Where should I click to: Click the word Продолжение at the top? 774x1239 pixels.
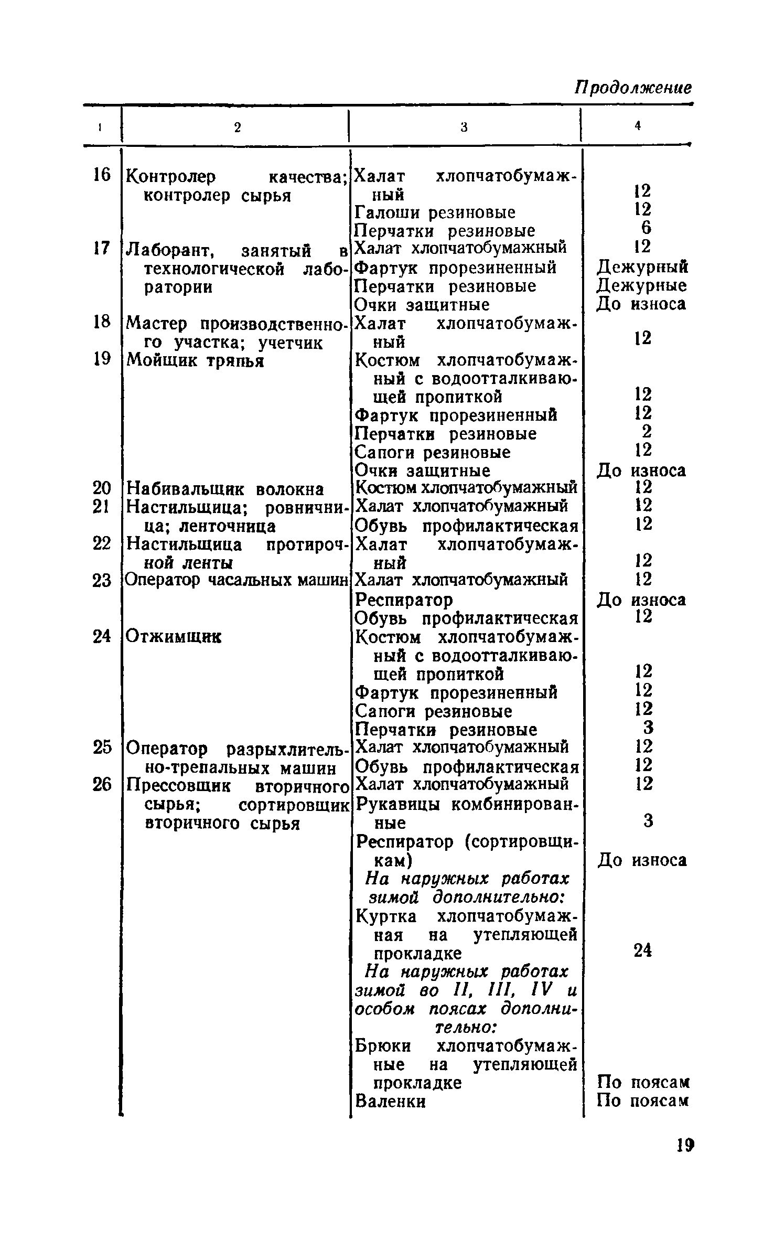(x=633, y=88)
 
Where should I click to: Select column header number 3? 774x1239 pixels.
(x=464, y=127)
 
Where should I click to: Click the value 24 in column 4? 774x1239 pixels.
(x=642, y=950)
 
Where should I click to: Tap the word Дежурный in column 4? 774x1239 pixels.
(x=642, y=268)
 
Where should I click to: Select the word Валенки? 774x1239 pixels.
(x=390, y=1101)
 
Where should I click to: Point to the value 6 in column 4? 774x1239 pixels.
(x=646, y=228)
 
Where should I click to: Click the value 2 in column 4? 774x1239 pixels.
(x=647, y=432)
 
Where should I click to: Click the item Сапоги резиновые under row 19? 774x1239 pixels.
(x=433, y=452)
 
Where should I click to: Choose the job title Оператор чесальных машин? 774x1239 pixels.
(x=237, y=580)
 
